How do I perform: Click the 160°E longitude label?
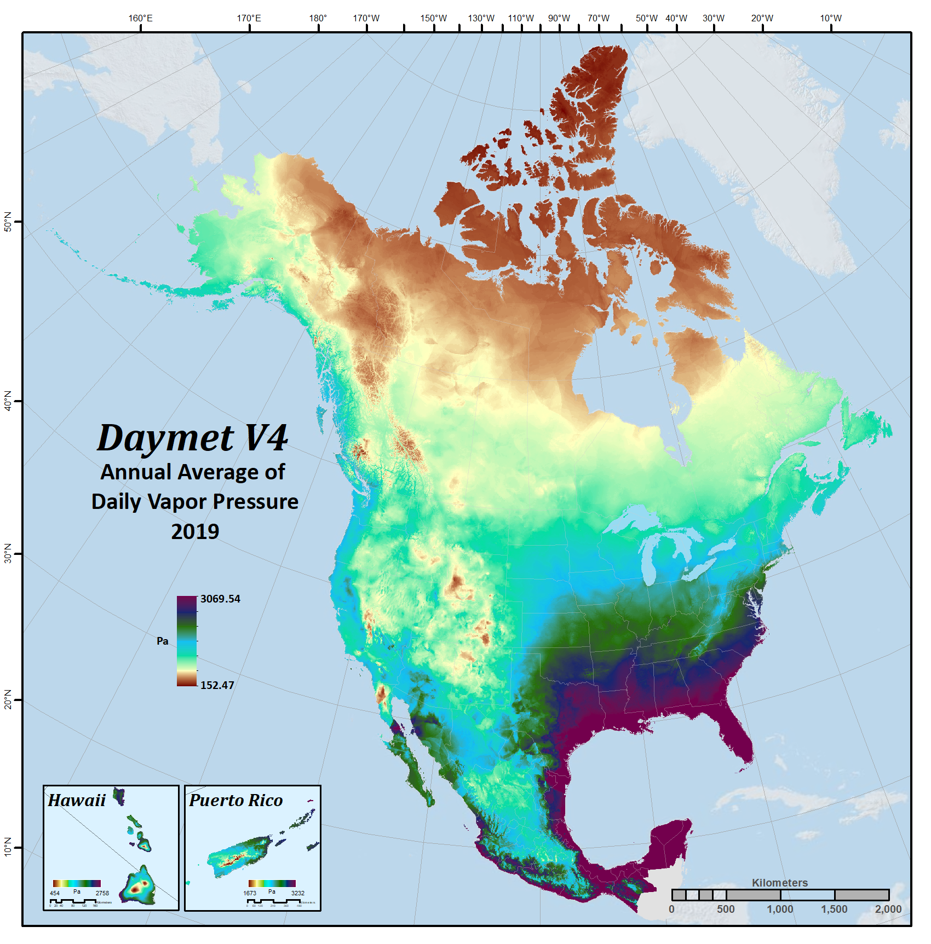tap(140, 18)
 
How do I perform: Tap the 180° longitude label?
tap(318, 18)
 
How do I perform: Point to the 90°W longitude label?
tap(559, 18)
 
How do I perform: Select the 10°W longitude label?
tap(830, 18)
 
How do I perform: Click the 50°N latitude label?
tap(8, 222)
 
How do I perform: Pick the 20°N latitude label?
tap(8, 699)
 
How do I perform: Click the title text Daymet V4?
tap(192, 438)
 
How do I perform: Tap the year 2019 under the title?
tap(195, 531)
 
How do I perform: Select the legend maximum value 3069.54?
tap(220, 599)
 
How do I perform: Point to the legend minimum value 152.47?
tap(217, 685)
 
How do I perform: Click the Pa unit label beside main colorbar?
tap(163, 641)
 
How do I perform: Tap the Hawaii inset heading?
tap(77, 801)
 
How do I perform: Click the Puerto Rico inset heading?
tap(235, 801)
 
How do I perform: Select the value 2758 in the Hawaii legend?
tap(102, 893)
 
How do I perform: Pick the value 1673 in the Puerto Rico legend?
tap(250, 893)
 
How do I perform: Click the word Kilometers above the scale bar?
tap(779, 883)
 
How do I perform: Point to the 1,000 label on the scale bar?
tap(779, 909)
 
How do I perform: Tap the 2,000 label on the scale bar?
tap(888, 909)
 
